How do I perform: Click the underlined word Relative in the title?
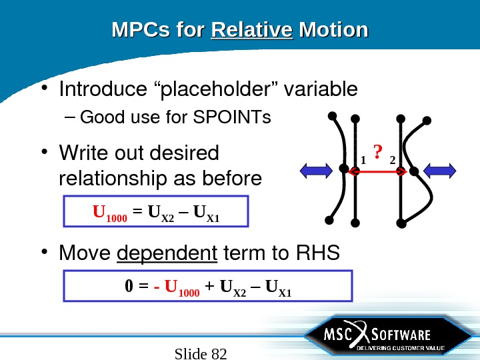click(252, 31)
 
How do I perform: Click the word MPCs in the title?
click(140, 31)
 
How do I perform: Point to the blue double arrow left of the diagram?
click(317, 171)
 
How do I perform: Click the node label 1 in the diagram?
click(363, 159)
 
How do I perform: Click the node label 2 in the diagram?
click(391, 159)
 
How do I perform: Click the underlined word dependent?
click(167, 253)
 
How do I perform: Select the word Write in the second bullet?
click(83, 153)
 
